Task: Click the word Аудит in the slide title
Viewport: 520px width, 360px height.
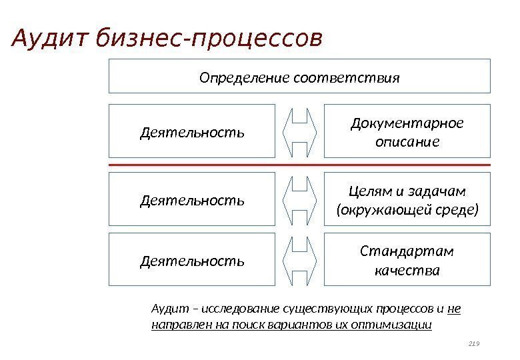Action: click(x=51, y=39)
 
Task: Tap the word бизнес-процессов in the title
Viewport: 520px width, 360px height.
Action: click(x=209, y=39)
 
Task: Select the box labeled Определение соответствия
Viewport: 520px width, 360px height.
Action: click(x=299, y=76)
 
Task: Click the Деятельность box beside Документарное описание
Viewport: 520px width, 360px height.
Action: click(x=192, y=131)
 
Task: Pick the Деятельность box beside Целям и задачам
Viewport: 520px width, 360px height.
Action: click(x=192, y=199)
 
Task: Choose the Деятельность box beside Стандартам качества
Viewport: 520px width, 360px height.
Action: click(x=192, y=259)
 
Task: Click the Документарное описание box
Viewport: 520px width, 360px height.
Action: click(x=407, y=131)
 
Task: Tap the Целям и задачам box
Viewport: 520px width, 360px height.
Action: click(x=407, y=199)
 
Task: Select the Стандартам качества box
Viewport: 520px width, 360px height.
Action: click(x=407, y=259)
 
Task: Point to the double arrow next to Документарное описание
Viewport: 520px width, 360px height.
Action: click(x=299, y=131)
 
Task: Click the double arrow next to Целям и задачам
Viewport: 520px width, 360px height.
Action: click(x=299, y=199)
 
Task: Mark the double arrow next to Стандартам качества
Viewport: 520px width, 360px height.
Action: click(x=299, y=259)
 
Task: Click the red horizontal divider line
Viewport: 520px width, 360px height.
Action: click(x=299, y=165)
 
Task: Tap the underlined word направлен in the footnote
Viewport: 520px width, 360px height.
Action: click(x=179, y=325)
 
